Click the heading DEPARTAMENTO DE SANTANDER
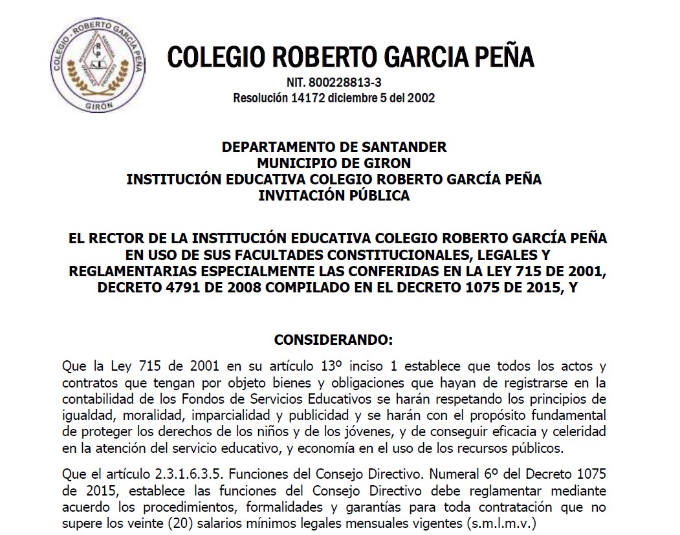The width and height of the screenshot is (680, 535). coord(334,147)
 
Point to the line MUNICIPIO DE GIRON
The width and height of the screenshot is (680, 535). coord(334,163)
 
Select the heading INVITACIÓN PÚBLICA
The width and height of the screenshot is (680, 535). coord(334,195)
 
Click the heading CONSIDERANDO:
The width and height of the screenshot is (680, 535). coord(334,339)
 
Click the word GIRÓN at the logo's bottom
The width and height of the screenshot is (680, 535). coord(95,106)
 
